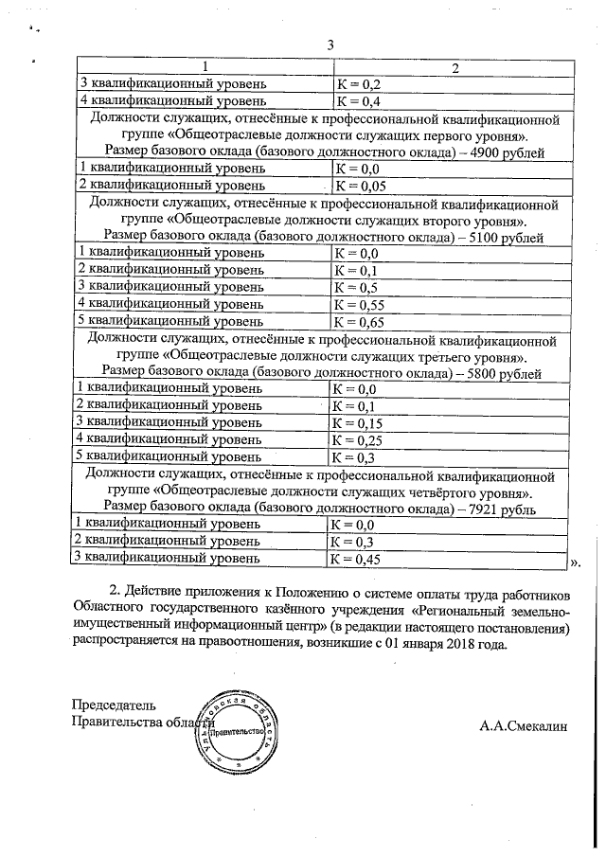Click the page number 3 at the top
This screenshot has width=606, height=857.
point(330,45)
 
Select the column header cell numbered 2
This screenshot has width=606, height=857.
point(454,67)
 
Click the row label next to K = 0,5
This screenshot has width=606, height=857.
point(169,287)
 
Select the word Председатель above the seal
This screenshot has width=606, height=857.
point(115,705)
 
